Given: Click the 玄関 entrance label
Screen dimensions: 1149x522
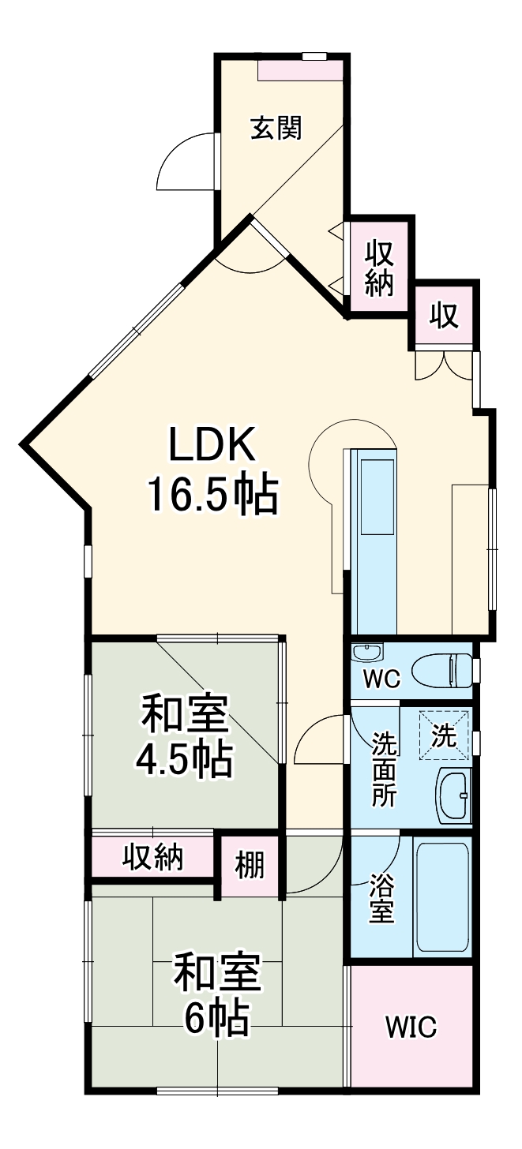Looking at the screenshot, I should pyautogui.click(x=276, y=128).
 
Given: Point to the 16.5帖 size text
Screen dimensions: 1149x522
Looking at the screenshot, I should pyautogui.click(x=211, y=496).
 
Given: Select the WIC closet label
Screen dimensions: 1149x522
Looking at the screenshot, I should pyautogui.click(x=411, y=1028).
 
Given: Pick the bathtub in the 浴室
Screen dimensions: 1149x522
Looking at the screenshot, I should pyautogui.click(x=442, y=897).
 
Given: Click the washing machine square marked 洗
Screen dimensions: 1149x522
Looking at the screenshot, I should pyautogui.click(x=445, y=735).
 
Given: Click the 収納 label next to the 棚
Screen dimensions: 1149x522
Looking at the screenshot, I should pyautogui.click(x=153, y=857).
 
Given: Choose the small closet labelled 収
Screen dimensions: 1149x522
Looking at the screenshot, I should pyautogui.click(x=445, y=316).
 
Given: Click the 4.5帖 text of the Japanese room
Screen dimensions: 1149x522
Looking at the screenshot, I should pyautogui.click(x=184, y=758).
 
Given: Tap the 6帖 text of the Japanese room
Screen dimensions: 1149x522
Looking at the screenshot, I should pyautogui.click(x=218, y=1018).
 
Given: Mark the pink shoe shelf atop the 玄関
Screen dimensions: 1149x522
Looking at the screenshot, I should pyautogui.click(x=300, y=69).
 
